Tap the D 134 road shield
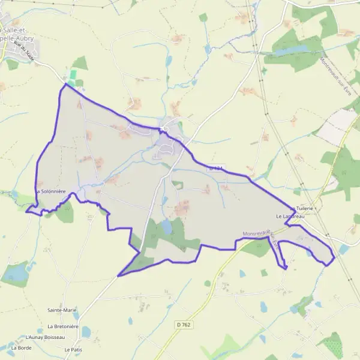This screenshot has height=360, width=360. pyautogui.click(x=215, y=170)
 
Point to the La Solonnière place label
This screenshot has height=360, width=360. pyautogui.click(x=53, y=191)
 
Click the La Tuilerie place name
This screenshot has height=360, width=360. pyautogui.click(x=301, y=208)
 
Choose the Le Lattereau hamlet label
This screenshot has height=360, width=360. pyautogui.click(x=290, y=215)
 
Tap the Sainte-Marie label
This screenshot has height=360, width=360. pyautogui.click(x=62, y=310)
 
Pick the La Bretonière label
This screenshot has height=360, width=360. pyautogui.click(x=63, y=326)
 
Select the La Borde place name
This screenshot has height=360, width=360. pyautogui.click(x=21, y=347)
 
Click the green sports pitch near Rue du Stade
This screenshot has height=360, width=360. pyautogui.click(x=73, y=74)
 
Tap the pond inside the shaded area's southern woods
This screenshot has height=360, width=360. pyautogui.click(x=166, y=226)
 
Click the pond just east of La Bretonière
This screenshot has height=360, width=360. pyautogui.click(x=86, y=331)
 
